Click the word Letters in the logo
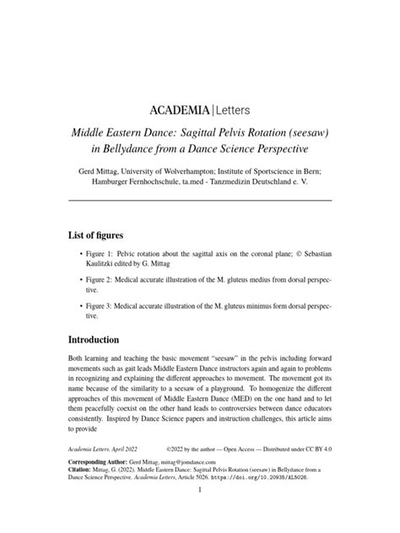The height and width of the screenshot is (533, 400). (x=224, y=110)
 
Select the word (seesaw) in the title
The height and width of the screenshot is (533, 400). (x=307, y=133)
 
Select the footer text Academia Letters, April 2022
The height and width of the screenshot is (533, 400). (x=103, y=475)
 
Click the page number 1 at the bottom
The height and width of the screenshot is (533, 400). (x=199, y=521)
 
